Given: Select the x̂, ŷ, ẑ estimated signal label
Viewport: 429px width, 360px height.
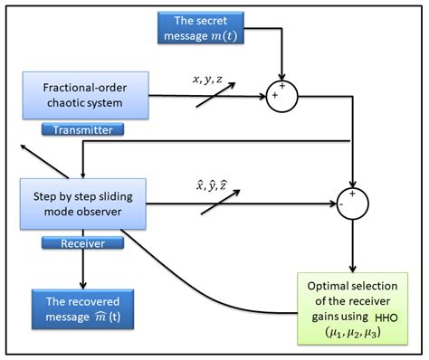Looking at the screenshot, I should point(206,184).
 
